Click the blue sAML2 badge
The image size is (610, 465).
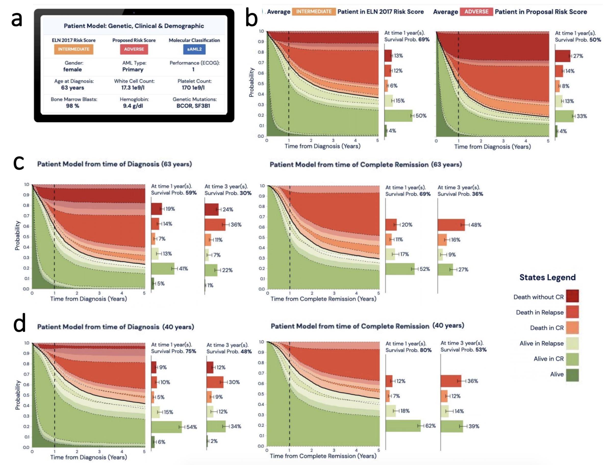pos(194,49)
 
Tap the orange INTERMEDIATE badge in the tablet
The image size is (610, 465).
pos(74,49)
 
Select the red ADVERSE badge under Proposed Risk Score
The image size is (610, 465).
pos(134,49)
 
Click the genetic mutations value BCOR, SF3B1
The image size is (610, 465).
pos(193,106)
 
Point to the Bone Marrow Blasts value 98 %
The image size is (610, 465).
pos(72,106)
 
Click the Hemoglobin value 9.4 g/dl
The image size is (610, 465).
pos(133,106)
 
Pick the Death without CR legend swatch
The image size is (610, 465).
pos(572,296)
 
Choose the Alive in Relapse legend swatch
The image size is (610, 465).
pos(572,343)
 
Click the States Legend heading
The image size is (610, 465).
pos(547,277)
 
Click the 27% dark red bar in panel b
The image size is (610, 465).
pos(562,56)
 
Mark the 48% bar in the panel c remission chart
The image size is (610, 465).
pos(451,225)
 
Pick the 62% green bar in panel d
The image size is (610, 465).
pos(403,426)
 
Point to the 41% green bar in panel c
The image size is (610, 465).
pos(163,268)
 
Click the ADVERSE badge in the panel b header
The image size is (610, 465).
pos(476,12)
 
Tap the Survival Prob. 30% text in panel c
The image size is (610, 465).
pos(228,193)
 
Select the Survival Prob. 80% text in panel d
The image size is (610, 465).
pos(409,350)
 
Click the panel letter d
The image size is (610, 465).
pos(19,323)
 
